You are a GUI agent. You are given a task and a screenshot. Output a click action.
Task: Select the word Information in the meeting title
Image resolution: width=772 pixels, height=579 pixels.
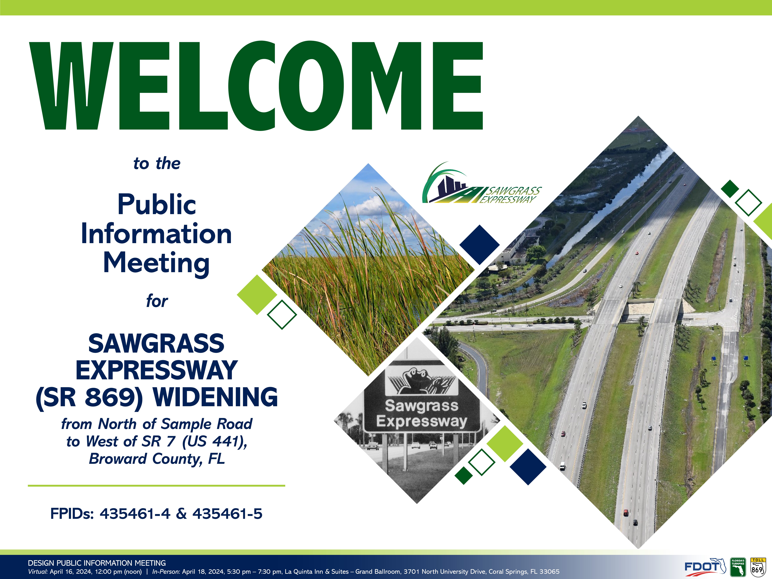click(x=156, y=233)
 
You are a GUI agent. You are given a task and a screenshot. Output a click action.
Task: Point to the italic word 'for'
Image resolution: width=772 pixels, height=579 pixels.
click(x=157, y=301)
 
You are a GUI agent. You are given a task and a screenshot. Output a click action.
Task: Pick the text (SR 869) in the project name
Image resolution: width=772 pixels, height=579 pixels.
click(x=89, y=398)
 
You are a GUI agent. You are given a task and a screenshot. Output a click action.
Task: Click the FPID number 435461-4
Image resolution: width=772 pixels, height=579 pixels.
click(x=135, y=514)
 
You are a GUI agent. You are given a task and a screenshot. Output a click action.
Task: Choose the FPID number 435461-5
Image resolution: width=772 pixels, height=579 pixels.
click(x=227, y=514)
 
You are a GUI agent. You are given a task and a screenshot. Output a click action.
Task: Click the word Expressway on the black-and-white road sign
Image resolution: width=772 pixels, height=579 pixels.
click(x=422, y=421)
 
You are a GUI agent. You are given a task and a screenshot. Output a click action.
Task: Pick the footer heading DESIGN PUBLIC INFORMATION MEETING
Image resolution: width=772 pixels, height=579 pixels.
click(x=97, y=563)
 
